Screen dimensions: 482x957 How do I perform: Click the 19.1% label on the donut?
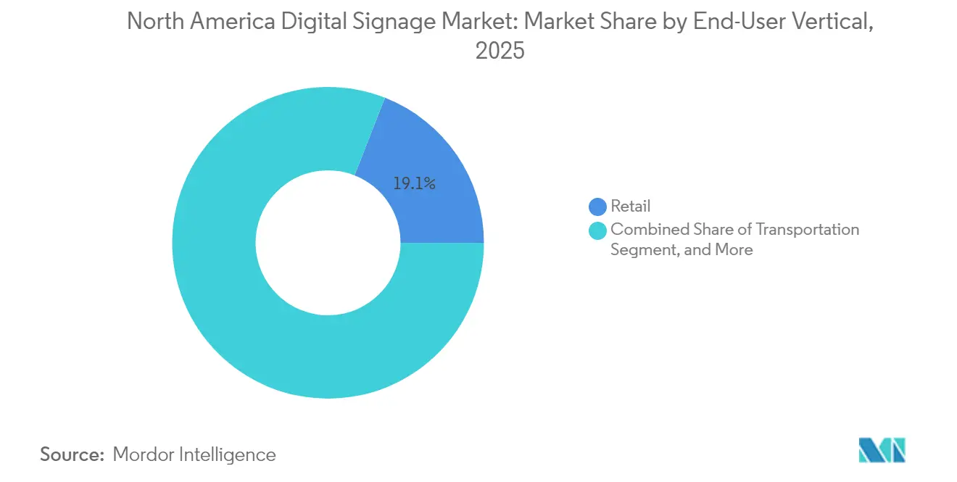(x=414, y=184)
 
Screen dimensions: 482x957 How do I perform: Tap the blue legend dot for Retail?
(x=597, y=207)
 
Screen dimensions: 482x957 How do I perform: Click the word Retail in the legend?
(x=630, y=207)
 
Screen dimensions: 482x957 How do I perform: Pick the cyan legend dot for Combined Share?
(x=597, y=230)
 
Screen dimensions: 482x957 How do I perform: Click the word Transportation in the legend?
(x=808, y=230)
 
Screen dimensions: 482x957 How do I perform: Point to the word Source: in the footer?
(x=72, y=454)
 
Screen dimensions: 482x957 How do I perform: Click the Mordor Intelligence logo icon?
(x=882, y=450)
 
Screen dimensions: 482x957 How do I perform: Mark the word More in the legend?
(x=733, y=250)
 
